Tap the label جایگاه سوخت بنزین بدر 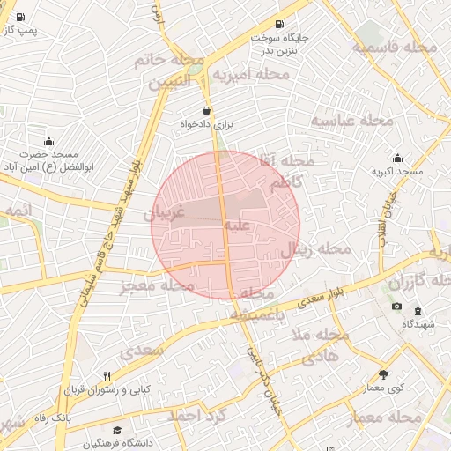tap(279, 44)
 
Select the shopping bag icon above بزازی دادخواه tap(206, 111)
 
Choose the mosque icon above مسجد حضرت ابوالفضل tap(48, 141)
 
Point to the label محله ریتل tap(315, 250)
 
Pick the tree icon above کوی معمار tap(382, 374)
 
